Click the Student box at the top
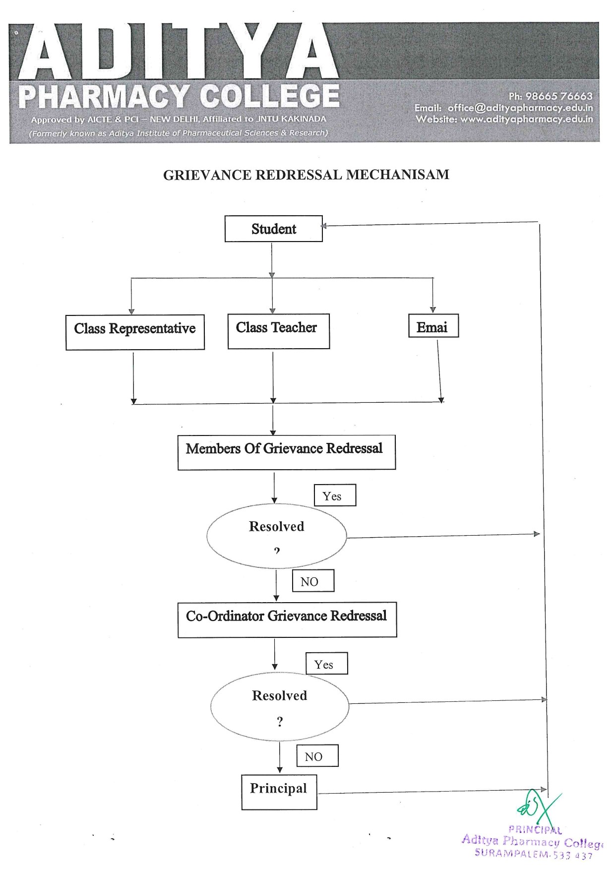click(x=273, y=229)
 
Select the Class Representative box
click(x=135, y=332)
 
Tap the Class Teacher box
click(x=278, y=331)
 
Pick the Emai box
click(x=433, y=326)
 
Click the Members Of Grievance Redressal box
click(x=286, y=452)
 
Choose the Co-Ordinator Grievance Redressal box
click(x=287, y=619)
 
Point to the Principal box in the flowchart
click(x=279, y=792)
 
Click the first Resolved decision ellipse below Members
click(x=276, y=536)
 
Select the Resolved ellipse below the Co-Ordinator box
click(x=279, y=706)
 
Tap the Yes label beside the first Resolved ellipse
click(x=335, y=496)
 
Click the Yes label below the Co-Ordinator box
click(x=326, y=664)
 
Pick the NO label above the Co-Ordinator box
click(x=312, y=581)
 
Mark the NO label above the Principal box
click(x=317, y=756)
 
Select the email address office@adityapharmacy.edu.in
click(x=520, y=108)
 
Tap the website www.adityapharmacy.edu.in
click(x=526, y=119)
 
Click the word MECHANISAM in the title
click(x=398, y=175)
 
